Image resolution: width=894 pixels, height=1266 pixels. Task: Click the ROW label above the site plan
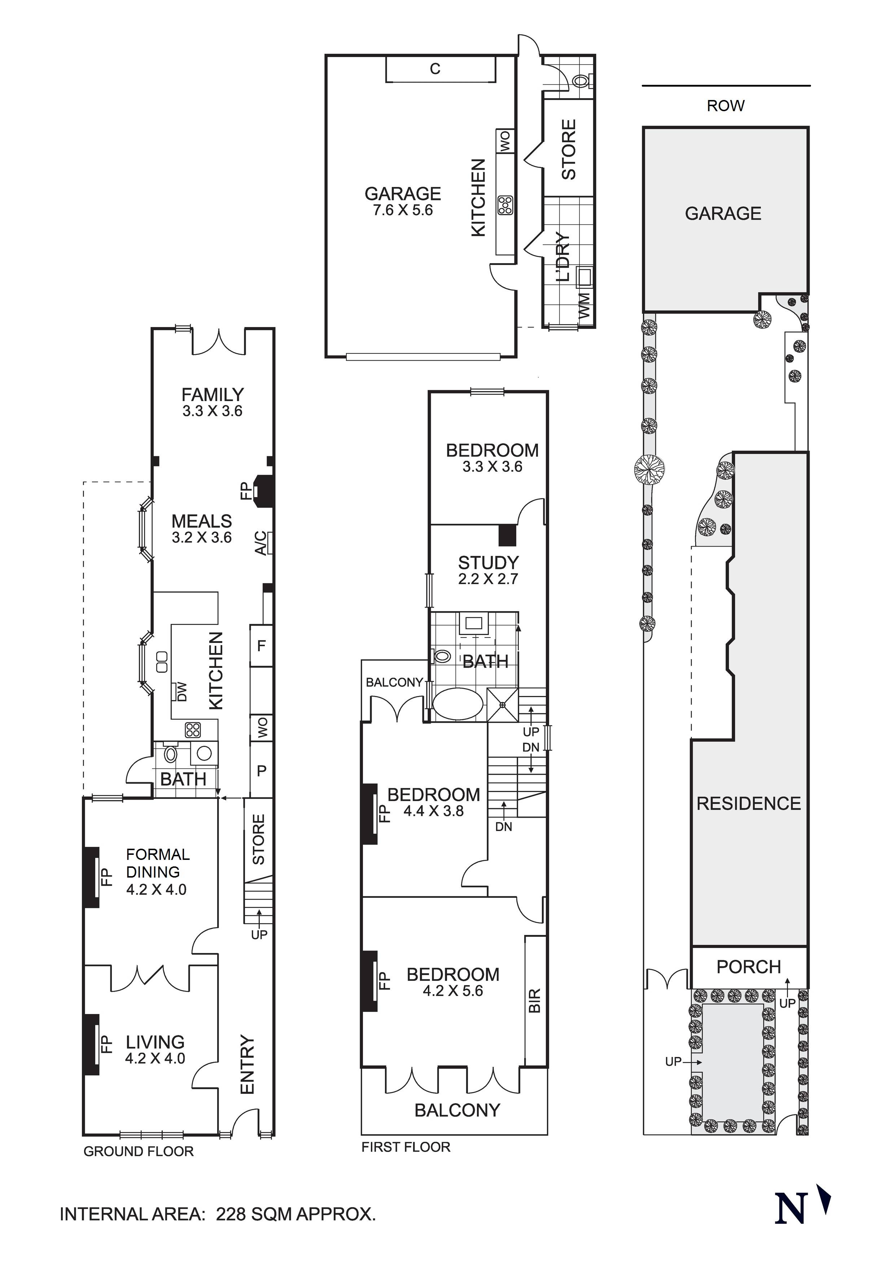(x=726, y=105)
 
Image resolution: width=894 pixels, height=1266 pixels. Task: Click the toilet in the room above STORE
(x=581, y=81)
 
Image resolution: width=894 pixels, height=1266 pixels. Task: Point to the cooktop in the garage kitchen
(x=505, y=205)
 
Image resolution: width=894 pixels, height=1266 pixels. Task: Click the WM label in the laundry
(x=584, y=305)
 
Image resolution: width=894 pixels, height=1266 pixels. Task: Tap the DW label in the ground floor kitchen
(x=181, y=691)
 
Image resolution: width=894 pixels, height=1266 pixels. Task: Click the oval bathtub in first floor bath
(x=457, y=704)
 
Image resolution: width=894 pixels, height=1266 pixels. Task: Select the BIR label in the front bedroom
(x=534, y=1000)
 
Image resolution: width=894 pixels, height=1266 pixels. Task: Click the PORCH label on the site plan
(x=749, y=967)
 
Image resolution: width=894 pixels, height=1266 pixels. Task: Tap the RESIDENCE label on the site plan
(x=749, y=803)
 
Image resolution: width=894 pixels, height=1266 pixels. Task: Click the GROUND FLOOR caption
(x=138, y=1151)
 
